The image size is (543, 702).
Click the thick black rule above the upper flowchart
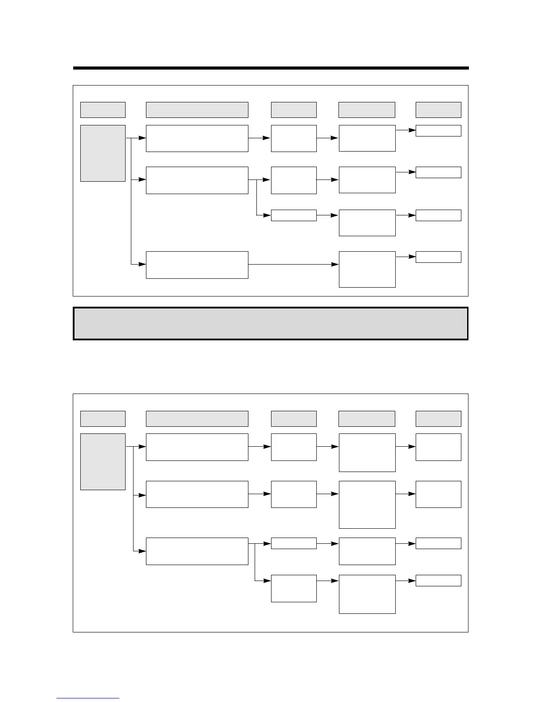pos(271,68)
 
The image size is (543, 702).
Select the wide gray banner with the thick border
pos(271,324)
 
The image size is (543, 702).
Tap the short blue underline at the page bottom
pos(88,698)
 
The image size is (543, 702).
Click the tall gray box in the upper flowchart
pos(103,153)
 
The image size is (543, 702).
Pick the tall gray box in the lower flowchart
pos(103,462)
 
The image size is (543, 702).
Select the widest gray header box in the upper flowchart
pos(197,110)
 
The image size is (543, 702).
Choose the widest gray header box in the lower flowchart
pos(197,419)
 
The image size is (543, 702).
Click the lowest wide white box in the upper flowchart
pos(197,265)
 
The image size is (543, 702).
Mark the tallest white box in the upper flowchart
pos(367,269)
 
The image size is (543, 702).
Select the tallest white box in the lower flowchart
pos(367,505)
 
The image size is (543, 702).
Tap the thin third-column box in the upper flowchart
pos(294,215)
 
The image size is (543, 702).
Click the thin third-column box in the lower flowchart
pos(294,543)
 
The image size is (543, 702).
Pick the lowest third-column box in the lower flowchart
pos(294,589)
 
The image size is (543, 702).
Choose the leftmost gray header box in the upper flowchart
pos(103,110)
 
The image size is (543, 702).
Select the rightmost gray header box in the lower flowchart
pos(438,419)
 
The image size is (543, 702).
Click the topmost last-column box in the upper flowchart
pos(438,131)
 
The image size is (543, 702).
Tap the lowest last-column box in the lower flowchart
pos(438,581)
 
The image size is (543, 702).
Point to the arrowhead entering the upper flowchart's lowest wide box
pos(142,264)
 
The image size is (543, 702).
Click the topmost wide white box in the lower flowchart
pos(197,447)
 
